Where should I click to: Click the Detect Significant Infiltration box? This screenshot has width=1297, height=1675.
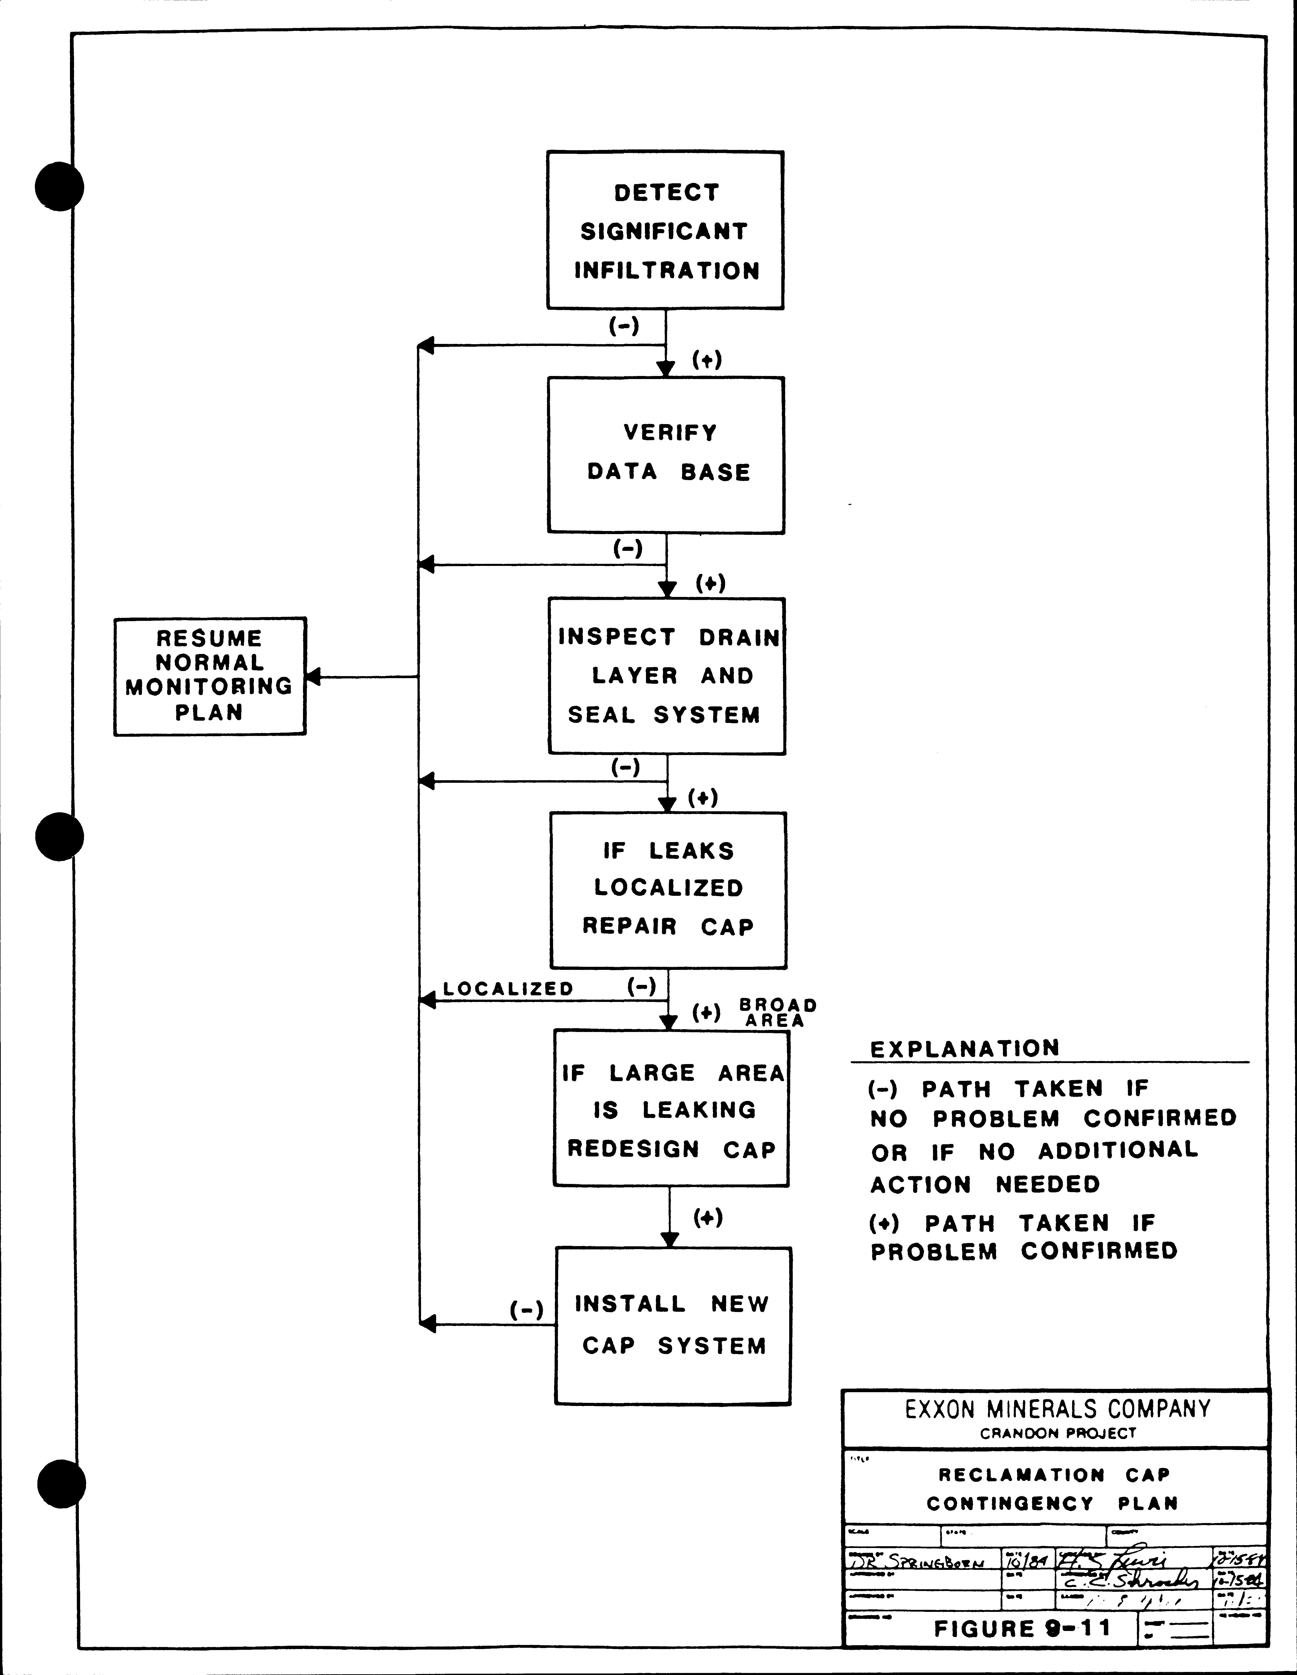(665, 230)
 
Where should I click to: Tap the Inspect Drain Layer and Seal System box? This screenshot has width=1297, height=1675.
(666, 676)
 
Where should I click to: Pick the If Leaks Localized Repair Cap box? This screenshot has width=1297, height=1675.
(668, 890)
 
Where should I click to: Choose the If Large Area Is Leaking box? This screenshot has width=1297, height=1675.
(671, 1109)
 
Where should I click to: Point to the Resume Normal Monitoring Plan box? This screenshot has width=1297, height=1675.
(209, 676)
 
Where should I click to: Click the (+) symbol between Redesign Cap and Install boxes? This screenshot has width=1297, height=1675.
(707, 1217)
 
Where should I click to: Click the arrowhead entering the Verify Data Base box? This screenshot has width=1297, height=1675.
(665, 369)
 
